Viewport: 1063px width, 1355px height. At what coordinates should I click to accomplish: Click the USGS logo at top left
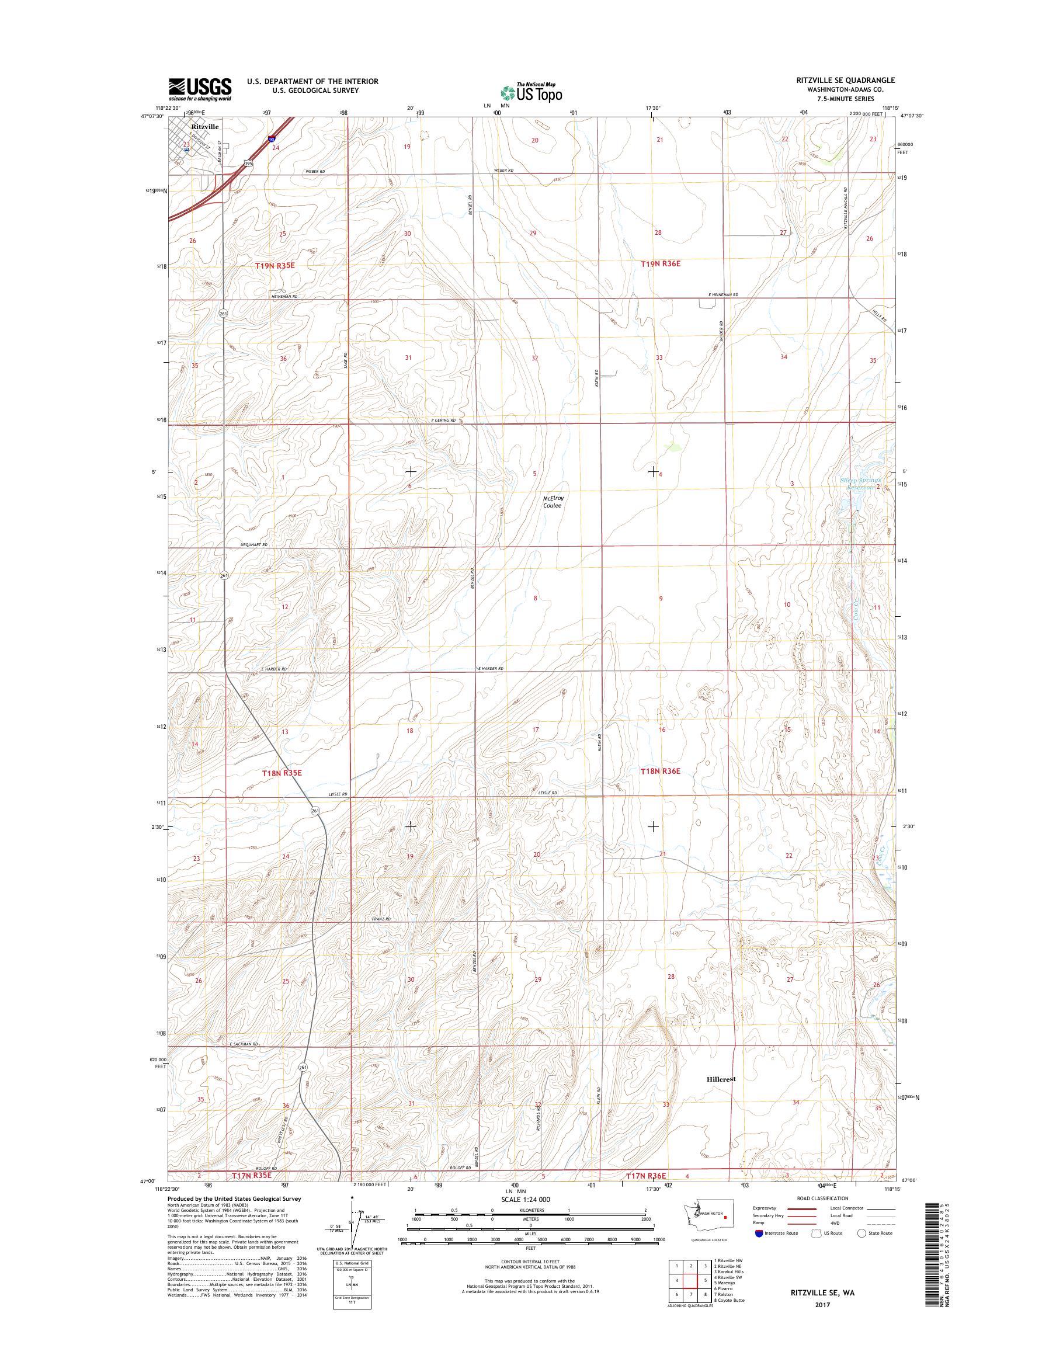click(x=200, y=89)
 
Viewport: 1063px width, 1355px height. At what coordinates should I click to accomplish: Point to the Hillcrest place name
click(x=721, y=1079)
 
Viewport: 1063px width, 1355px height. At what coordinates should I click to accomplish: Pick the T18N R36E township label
click(x=661, y=771)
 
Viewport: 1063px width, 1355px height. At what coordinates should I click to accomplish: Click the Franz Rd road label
click(x=382, y=919)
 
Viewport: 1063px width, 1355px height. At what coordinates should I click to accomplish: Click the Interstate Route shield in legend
click(x=759, y=1233)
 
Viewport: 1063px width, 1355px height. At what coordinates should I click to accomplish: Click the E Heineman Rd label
click(x=723, y=295)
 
